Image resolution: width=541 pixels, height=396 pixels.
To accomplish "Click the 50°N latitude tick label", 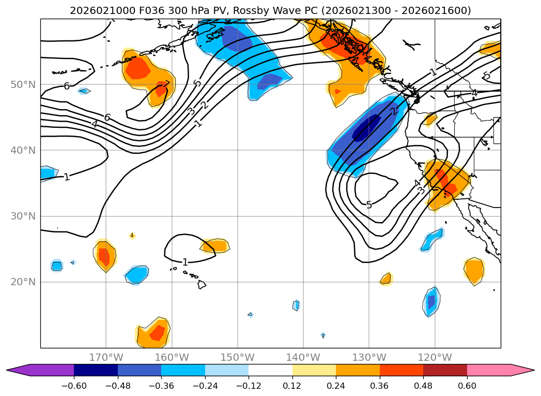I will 23,85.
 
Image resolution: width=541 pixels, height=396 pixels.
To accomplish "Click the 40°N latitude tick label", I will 23,151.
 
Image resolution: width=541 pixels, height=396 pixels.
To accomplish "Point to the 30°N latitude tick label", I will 23,216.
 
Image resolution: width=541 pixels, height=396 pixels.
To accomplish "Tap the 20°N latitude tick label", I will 23,282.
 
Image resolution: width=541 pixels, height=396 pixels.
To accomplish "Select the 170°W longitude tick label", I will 106,357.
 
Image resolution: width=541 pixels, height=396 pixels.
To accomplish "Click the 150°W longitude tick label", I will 238,357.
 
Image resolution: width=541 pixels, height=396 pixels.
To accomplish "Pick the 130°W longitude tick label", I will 369,357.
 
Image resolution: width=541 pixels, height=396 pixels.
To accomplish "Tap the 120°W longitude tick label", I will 435,357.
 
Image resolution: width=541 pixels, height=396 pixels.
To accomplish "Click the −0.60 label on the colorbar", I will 74,387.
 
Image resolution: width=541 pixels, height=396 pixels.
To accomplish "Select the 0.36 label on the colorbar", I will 380,387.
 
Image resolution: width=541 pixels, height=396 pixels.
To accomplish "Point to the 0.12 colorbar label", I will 292,387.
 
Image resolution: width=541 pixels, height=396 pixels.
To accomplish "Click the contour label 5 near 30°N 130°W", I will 369,205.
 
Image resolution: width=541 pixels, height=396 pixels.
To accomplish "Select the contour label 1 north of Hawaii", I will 185,262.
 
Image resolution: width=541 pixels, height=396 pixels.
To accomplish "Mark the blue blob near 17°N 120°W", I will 431,301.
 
